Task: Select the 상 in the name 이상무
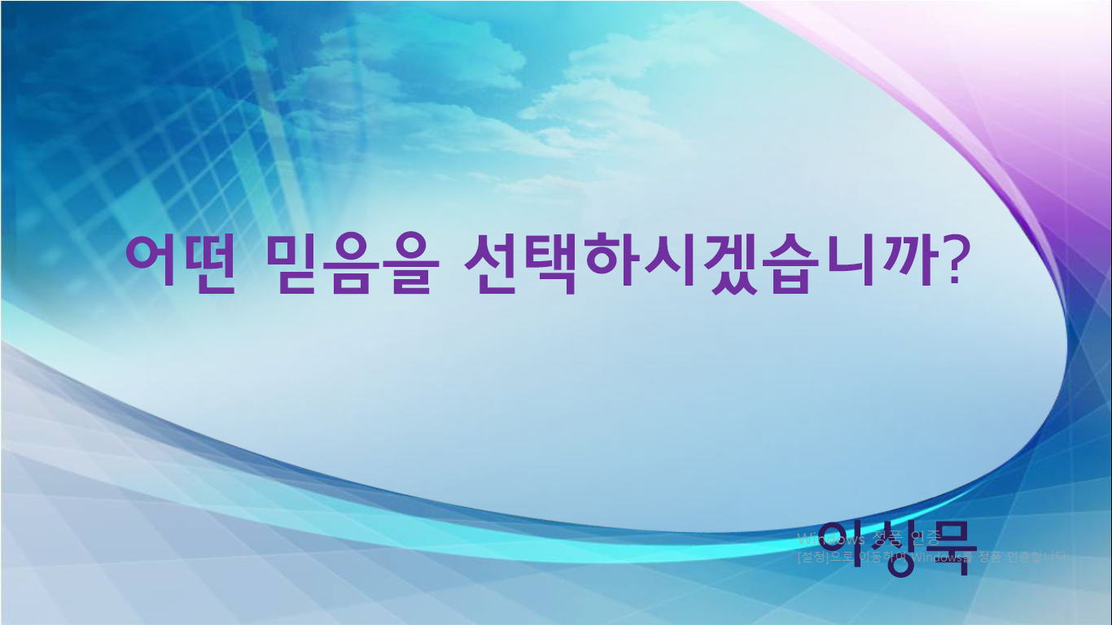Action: point(893,547)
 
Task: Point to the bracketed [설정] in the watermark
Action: point(812,558)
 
